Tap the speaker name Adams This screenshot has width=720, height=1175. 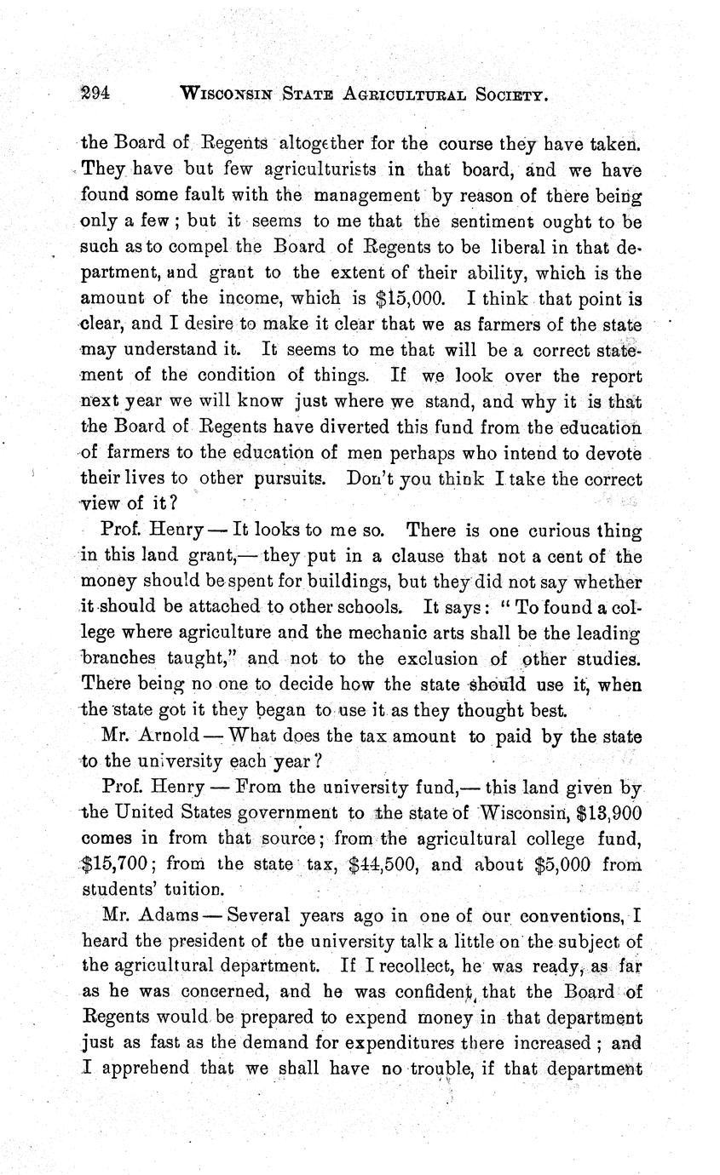pos(164,917)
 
